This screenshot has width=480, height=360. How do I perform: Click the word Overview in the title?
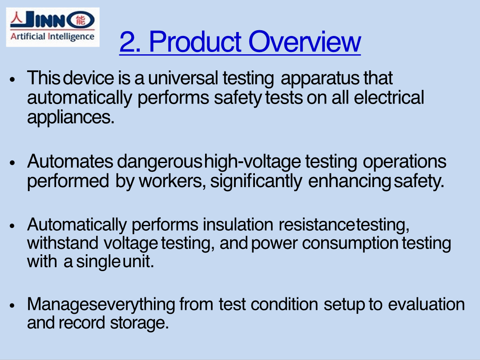pyautogui.click(x=305, y=42)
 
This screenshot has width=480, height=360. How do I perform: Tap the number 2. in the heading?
pyautogui.click(x=130, y=42)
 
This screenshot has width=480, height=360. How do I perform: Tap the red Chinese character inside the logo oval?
pyautogui.click(x=81, y=20)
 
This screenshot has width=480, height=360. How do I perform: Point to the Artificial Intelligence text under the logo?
pyautogui.click(x=52, y=37)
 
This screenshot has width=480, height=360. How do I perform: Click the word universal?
pyautogui.click(x=183, y=78)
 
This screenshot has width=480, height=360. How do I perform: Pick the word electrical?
pyautogui.click(x=389, y=98)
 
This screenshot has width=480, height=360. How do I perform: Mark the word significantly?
pyautogui.click(x=256, y=182)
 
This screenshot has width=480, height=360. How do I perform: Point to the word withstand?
pyautogui.click(x=63, y=243)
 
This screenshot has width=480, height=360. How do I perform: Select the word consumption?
pyautogui.click(x=350, y=244)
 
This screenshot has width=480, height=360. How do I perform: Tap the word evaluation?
pyautogui.click(x=427, y=304)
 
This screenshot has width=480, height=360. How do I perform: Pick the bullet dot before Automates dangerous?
pyautogui.click(x=12, y=163)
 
